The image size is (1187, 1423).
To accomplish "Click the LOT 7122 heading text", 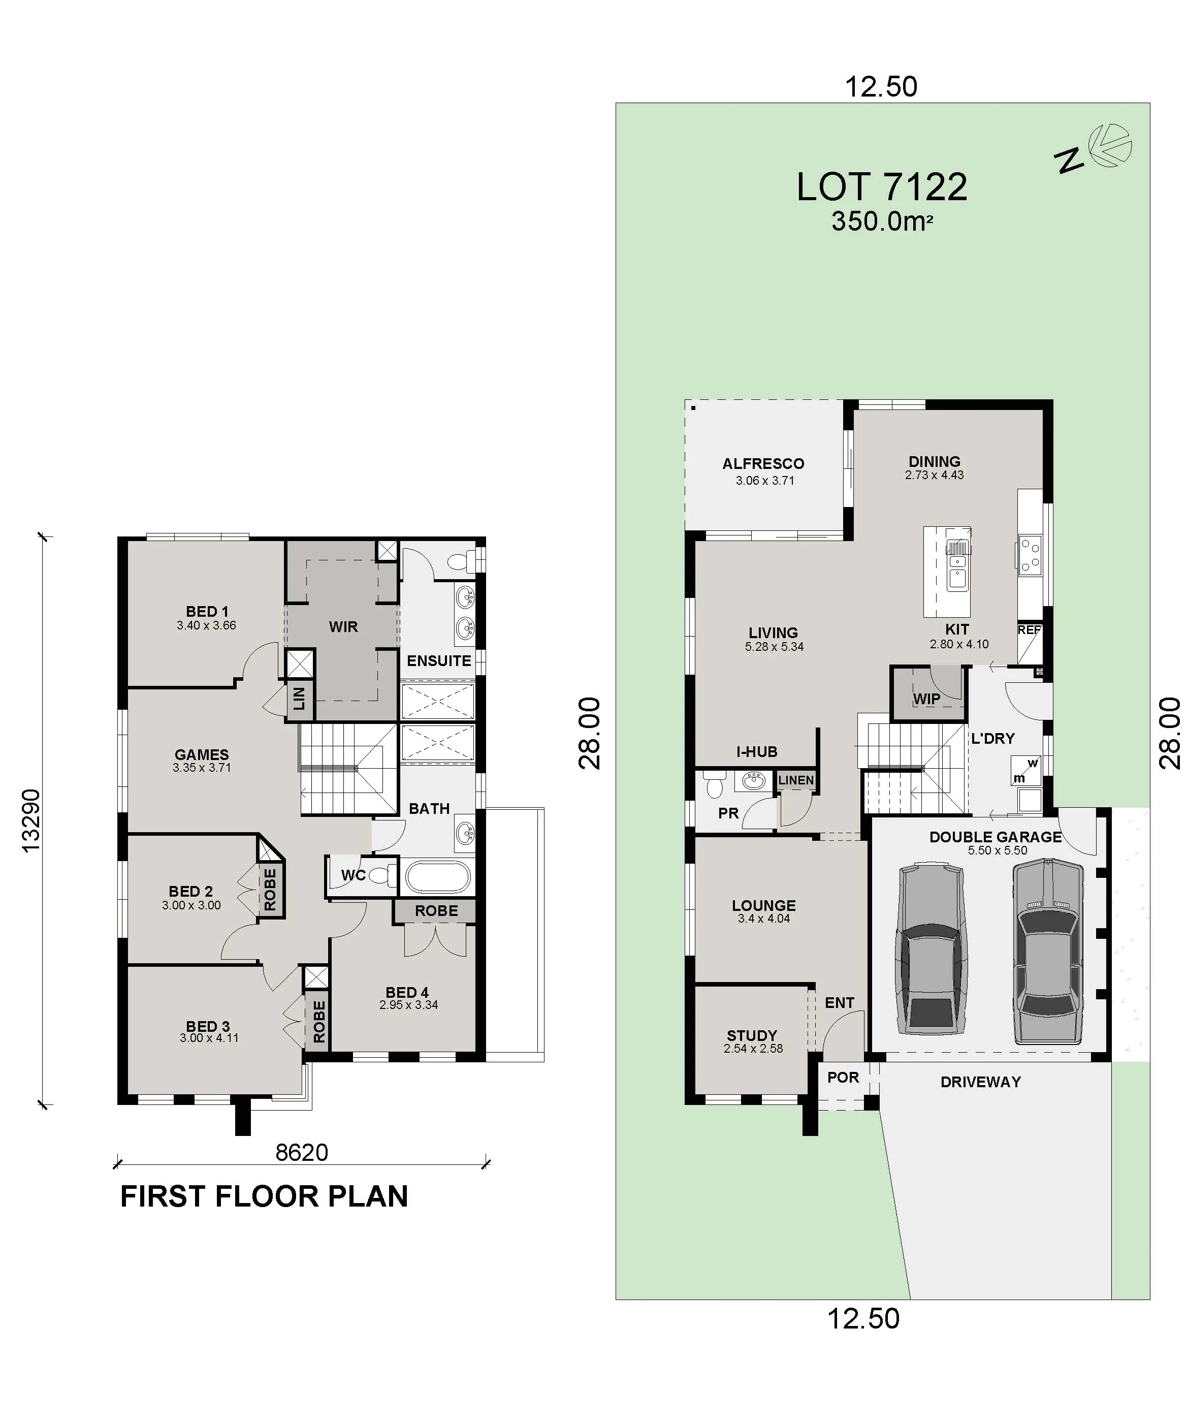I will coord(881,187).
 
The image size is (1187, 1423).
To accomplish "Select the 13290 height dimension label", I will coord(31,820).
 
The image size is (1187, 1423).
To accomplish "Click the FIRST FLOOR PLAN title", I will coord(264,1197).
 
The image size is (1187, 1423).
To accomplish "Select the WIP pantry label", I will coord(926,699).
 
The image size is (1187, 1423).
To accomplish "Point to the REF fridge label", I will coord(1029,629).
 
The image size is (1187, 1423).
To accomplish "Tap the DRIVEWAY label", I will coord(980,1082).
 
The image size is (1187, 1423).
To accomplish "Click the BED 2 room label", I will coord(190,891).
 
